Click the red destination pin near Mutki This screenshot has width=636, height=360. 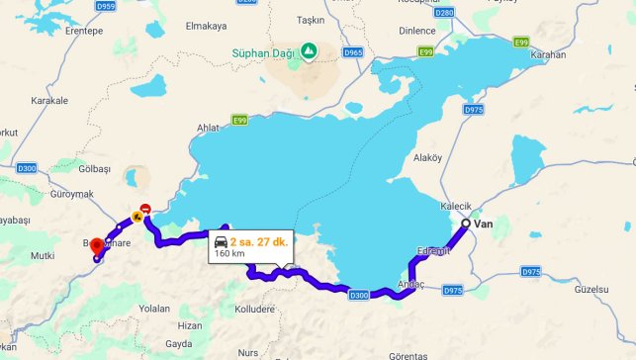[x=96, y=247]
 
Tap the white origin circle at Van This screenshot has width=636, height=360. [x=466, y=224]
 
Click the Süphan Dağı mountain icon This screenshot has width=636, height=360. [x=309, y=49]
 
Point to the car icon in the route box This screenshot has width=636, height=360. [x=220, y=241]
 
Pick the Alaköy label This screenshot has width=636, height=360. [x=427, y=156]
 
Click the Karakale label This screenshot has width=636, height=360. [x=48, y=100]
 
